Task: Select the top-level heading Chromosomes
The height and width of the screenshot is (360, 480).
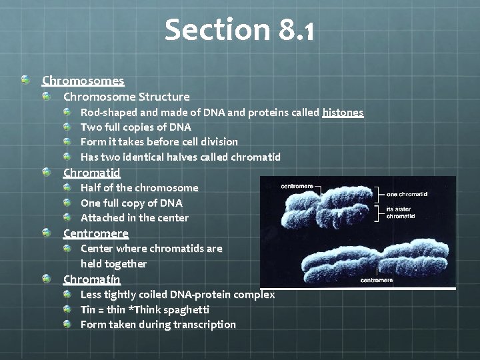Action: click(83, 81)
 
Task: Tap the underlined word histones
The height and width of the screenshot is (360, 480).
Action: click(343, 112)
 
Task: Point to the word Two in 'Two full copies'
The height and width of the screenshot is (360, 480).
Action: click(91, 127)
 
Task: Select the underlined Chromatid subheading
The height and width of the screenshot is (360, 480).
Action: click(91, 173)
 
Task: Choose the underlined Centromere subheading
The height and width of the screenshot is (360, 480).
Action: click(95, 233)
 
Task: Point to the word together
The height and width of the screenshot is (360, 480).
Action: click(128, 263)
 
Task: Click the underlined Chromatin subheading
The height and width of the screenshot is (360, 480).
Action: click(91, 279)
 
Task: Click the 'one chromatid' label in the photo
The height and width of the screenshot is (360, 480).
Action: click(407, 194)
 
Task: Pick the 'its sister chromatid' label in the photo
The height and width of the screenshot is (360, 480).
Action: click(400, 213)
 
